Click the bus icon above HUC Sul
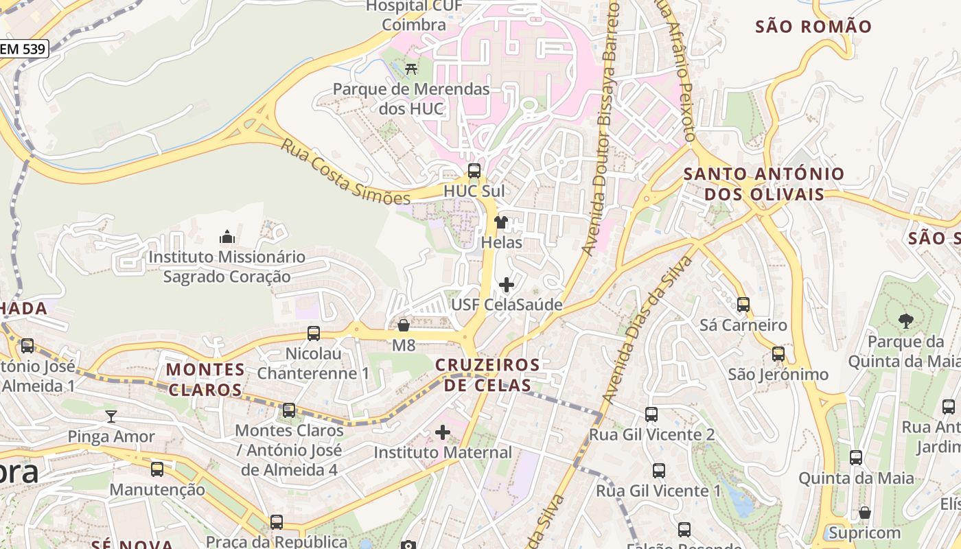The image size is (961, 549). click(x=474, y=171)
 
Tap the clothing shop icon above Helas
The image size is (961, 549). click(x=501, y=222)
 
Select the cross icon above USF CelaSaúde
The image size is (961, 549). click(x=506, y=284)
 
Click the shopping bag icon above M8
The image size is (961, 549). click(x=404, y=325)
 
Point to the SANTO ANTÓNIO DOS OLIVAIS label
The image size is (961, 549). click(x=763, y=184)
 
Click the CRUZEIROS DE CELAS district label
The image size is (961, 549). click(x=487, y=375)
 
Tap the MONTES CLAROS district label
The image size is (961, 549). click(x=205, y=379)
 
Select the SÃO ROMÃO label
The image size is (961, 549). click(x=813, y=27)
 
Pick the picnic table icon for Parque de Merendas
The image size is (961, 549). click(x=411, y=69)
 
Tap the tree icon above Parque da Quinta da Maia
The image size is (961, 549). click(x=905, y=320)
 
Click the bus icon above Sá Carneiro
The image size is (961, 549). click(x=743, y=304)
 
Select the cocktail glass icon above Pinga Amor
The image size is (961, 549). click(x=111, y=416)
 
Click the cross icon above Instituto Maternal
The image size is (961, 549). click(x=443, y=432)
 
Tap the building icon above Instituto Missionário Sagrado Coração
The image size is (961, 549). click(x=227, y=237)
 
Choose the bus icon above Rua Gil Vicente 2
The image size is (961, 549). click(x=651, y=414)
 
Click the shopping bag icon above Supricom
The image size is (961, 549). click(x=864, y=513)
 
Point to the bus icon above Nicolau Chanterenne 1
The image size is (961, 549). click(x=313, y=334)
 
